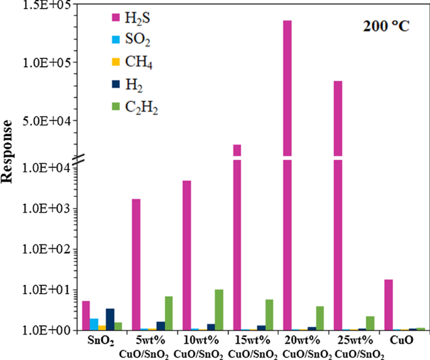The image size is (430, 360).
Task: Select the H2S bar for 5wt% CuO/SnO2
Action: coord(136,264)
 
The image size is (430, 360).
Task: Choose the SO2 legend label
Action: coord(139,41)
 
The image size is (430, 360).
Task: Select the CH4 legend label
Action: coord(139,63)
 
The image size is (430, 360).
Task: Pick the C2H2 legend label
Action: coord(142,108)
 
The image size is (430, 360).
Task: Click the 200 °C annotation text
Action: coord(385,27)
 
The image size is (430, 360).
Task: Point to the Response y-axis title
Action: coord(8,151)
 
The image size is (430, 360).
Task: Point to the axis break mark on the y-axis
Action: coord(75,161)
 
